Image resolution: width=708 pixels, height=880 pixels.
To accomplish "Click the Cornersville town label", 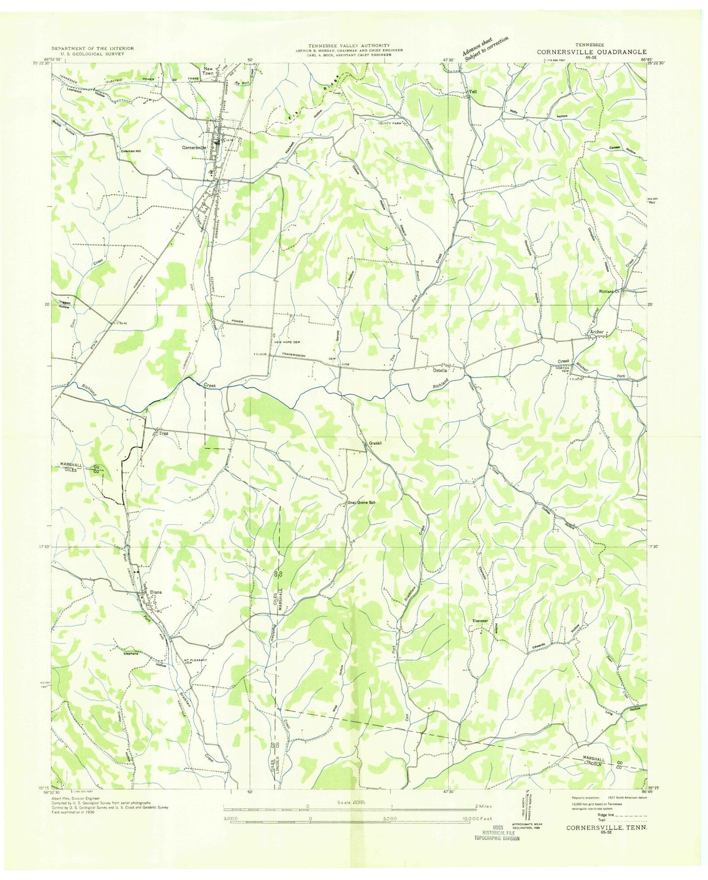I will pyautogui.click(x=194, y=147).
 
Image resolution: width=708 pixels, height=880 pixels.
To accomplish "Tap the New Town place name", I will pyautogui.click(x=208, y=71).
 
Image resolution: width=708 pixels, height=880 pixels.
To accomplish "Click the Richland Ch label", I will pyautogui.click(x=611, y=291).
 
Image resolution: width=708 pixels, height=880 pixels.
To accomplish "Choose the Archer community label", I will pyautogui.click(x=597, y=332).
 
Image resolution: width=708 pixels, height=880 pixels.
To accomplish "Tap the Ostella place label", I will pyautogui.click(x=440, y=370).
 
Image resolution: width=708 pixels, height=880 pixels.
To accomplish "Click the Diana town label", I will pyautogui.click(x=155, y=592).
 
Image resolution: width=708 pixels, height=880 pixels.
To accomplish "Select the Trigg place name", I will pyautogui.click(x=163, y=433).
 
